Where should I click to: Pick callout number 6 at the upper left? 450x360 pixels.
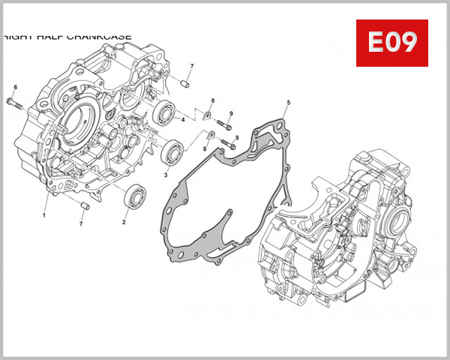click(15, 88)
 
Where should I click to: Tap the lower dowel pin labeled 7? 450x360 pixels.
click(85, 205)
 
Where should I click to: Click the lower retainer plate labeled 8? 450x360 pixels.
click(211, 134)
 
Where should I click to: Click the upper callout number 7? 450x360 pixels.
click(191, 67)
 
